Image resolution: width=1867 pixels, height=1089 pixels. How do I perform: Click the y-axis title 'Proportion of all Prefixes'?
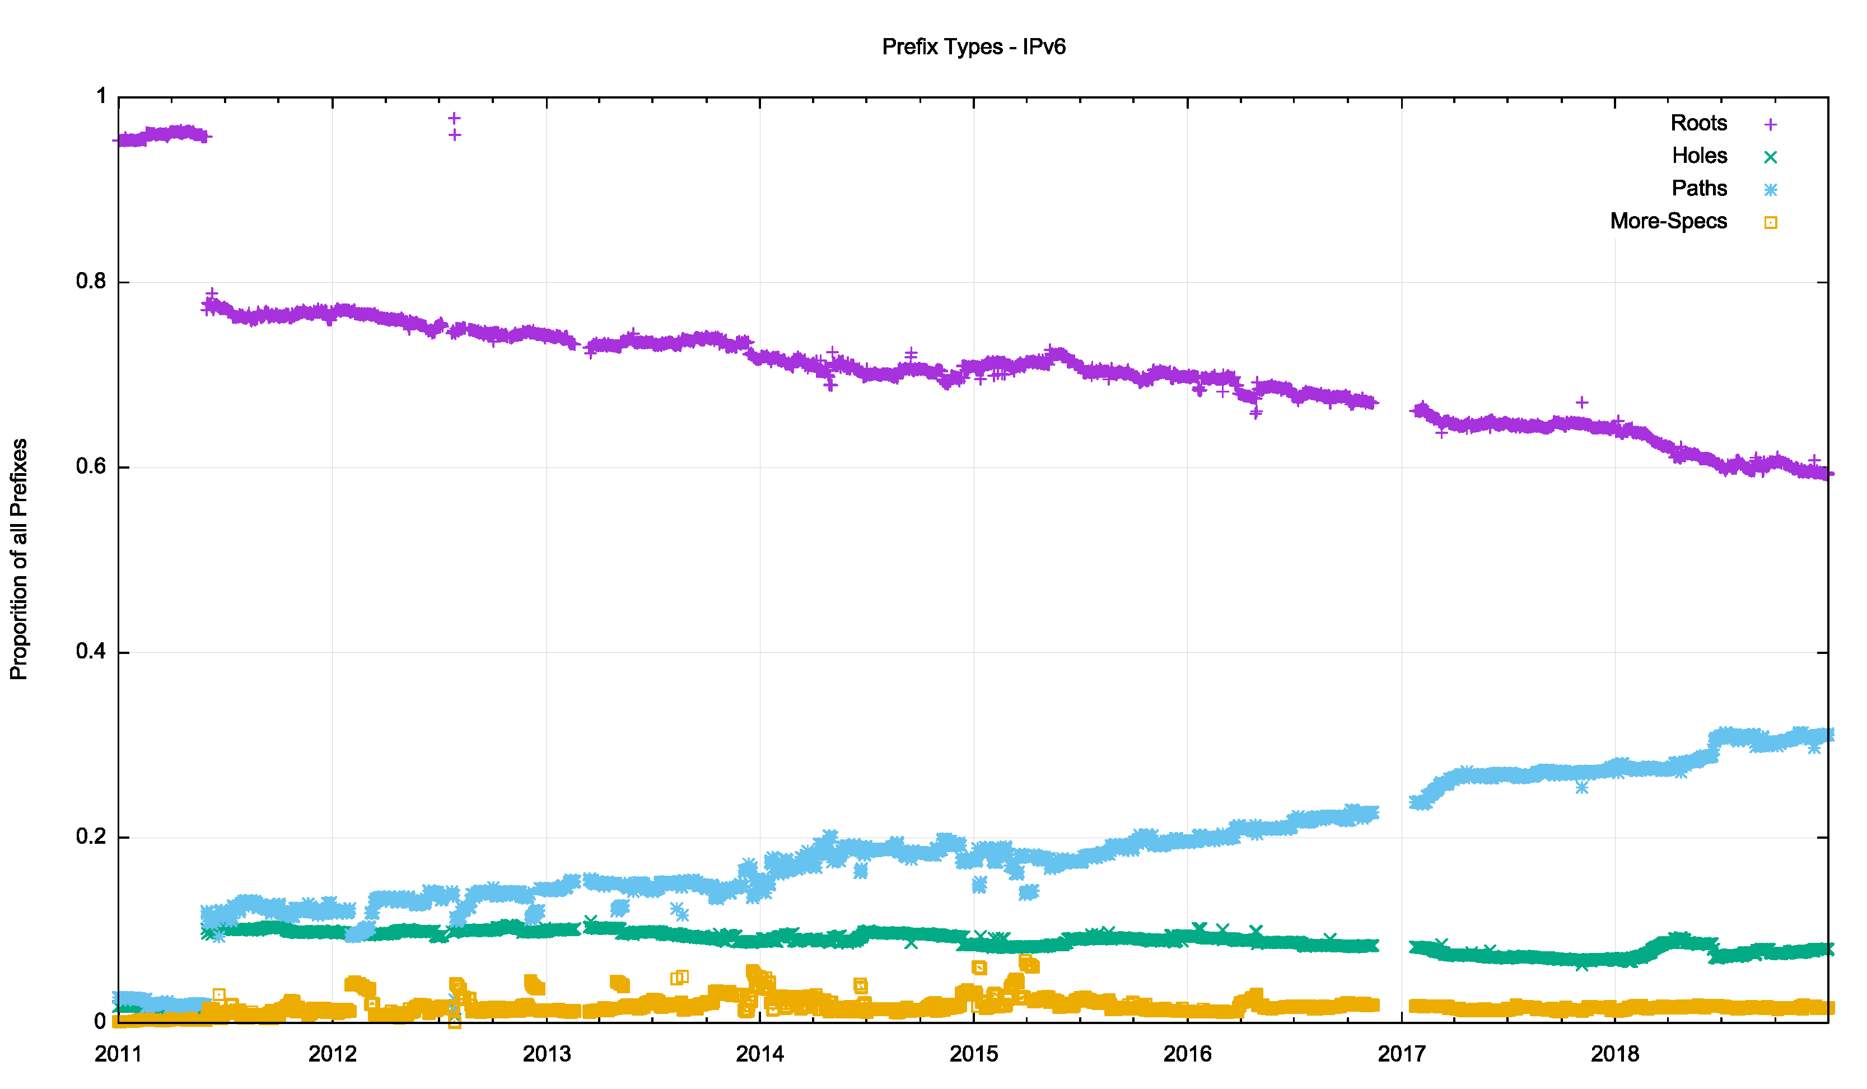tap(19, 559)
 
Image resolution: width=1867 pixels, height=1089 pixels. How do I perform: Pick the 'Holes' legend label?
tap(1699, 156)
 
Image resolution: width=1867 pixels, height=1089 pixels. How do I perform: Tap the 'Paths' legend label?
tap(1699, 188)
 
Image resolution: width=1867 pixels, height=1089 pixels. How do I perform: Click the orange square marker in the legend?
tap(1770, 222)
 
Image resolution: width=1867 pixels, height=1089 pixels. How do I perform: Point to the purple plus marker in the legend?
tap(1770, 124)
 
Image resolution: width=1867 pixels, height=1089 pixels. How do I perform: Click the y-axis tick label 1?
tap(101, 96)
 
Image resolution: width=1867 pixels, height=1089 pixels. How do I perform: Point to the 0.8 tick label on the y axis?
tap(91, 282)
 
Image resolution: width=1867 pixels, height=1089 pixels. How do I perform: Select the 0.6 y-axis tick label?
tap(91, 467)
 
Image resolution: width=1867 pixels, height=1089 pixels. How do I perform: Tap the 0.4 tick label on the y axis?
tap(91, 652)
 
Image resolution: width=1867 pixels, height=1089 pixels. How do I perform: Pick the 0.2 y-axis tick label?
tap(91, 837)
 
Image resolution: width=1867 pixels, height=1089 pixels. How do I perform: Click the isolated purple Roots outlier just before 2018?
tap(1582, 402)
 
